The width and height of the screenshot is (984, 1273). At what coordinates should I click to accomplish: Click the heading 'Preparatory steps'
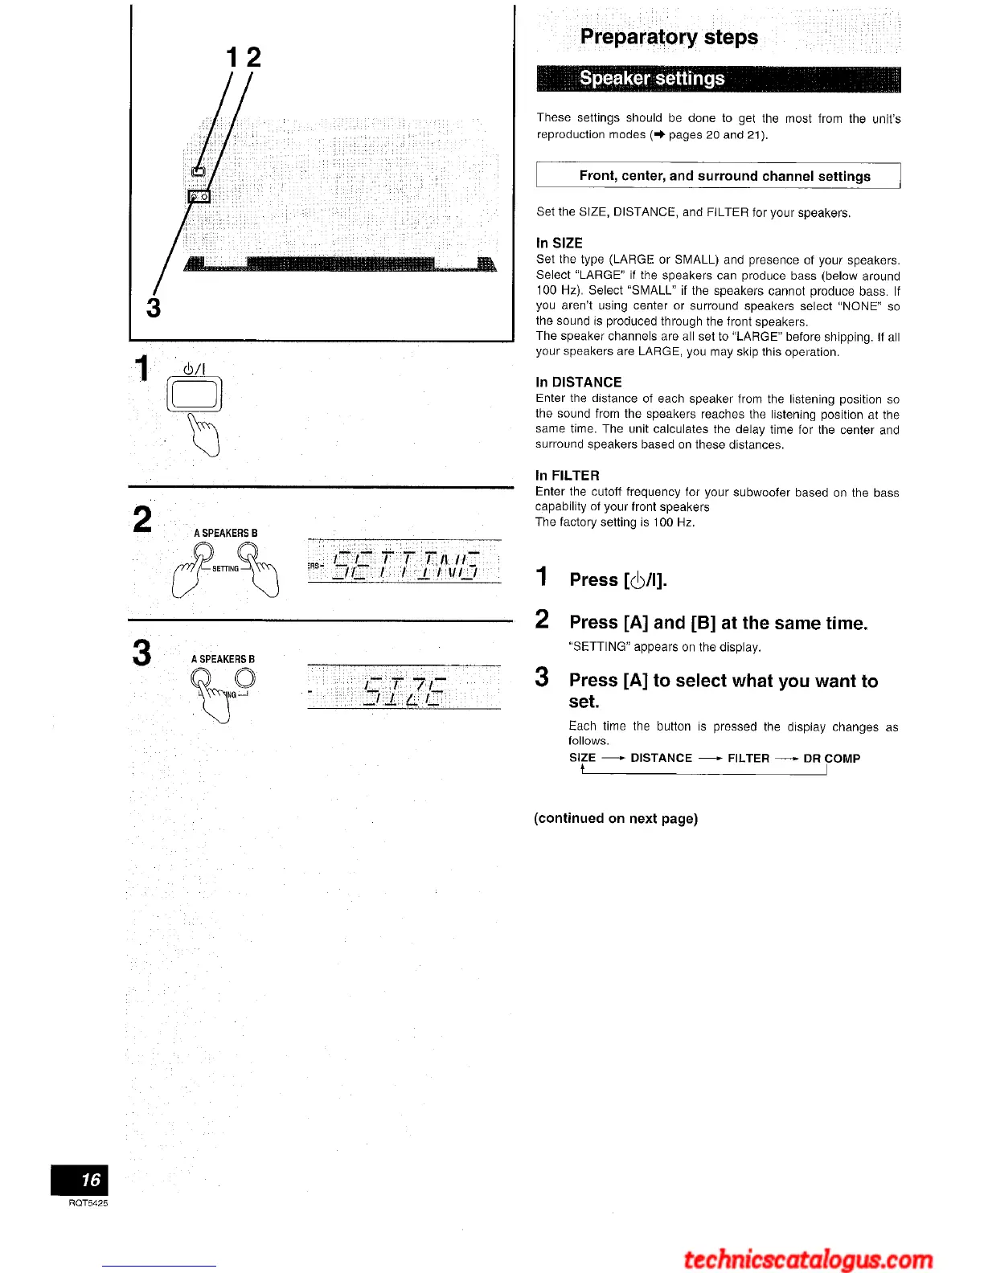pos(669,37)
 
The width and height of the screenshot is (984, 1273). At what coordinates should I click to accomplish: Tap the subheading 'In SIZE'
pos(560,243)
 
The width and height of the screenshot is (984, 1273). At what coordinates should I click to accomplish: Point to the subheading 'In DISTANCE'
pos(579,383)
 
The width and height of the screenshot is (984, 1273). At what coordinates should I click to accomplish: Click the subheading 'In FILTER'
pos(568,476)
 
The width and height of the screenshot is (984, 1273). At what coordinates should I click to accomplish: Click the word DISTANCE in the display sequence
pos(661,758)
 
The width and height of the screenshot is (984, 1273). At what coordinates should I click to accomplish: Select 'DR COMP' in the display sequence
pos(831,758)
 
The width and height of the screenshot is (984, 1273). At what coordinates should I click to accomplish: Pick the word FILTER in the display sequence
pos(748,758)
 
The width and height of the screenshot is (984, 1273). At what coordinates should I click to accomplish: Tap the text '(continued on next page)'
pos(616,818)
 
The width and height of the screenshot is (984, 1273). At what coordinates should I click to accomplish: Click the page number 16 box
pos(80,1180)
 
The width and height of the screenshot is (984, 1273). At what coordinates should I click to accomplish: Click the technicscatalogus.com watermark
pos(808,1259)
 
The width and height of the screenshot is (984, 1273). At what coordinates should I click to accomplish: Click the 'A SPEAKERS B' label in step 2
pos(226,533)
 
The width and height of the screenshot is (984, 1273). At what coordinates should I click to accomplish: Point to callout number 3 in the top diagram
pos(153,308)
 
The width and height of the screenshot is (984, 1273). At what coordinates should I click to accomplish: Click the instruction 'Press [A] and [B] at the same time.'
pos(719,623)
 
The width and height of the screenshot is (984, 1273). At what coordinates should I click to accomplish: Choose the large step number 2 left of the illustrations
pos(142,518)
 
